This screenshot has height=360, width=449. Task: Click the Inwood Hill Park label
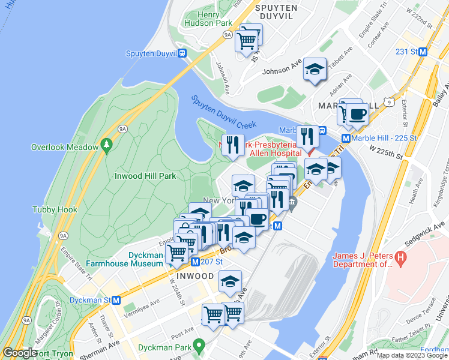145,176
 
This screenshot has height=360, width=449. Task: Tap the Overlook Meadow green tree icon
107,145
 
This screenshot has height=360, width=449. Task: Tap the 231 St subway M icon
423,52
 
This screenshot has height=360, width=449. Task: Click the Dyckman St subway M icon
116,299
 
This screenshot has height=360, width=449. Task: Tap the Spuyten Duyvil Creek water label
223,113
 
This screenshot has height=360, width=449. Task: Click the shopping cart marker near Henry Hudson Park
247,41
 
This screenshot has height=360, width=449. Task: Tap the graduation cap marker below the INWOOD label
230,281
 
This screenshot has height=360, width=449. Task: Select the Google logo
20,353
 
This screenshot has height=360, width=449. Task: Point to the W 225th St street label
385,152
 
